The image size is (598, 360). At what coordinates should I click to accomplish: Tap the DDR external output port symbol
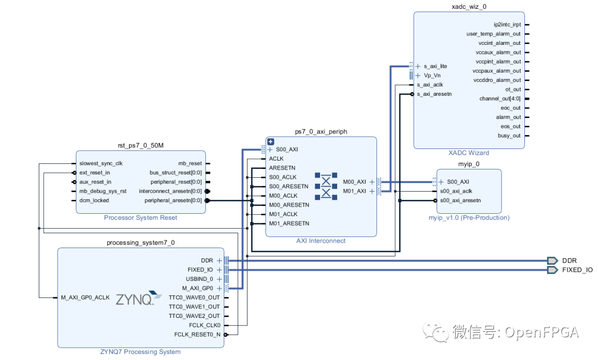point(552,260)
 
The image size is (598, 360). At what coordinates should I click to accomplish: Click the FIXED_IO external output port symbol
point(552,270)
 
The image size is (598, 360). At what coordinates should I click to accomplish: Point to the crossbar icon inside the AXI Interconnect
point(326,186)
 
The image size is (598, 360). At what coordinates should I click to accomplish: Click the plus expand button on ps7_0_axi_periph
point(271,142)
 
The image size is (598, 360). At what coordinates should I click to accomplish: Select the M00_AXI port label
point(354,182)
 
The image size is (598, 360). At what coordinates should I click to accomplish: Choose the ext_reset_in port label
point(95,173)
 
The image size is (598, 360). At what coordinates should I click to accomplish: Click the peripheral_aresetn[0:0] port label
point(173,200)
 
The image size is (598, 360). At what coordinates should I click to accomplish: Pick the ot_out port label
point(513,89)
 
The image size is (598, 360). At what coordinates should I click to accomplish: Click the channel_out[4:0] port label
point(500,99)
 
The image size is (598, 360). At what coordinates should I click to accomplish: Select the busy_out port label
point(509,136)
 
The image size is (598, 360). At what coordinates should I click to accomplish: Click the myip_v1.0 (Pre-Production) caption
point(469,218)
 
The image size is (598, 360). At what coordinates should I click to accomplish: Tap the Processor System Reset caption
point(141,218)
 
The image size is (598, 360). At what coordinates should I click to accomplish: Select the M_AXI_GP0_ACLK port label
point(85,297)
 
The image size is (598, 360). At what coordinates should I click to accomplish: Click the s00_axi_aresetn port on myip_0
point(460,200)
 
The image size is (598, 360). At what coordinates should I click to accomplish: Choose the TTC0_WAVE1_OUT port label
point(194,307)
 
